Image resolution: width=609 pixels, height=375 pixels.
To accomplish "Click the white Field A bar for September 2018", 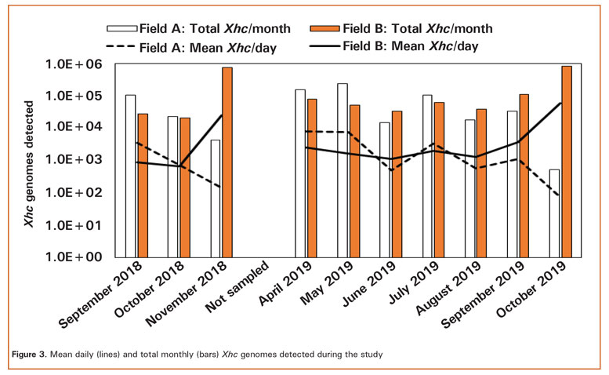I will pyautogui.click(x=130, y=176).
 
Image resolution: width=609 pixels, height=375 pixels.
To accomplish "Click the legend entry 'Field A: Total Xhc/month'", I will pyautogui.click(x=216, y=28).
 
